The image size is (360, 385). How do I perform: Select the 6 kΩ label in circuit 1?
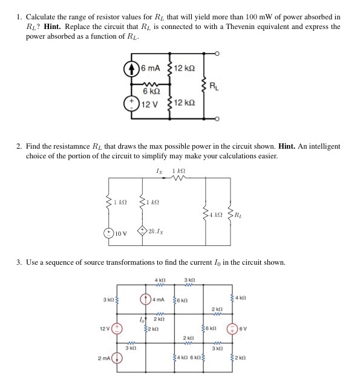click(151, 90)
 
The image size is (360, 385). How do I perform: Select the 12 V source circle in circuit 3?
click(117, 329)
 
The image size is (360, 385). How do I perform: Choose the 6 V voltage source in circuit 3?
click(234, 329)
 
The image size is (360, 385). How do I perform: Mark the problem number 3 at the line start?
click(19, 262)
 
